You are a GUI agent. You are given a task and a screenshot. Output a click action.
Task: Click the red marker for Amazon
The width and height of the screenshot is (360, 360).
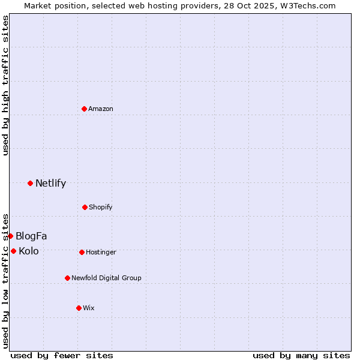85,109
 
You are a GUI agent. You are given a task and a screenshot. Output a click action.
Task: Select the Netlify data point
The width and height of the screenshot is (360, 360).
30,183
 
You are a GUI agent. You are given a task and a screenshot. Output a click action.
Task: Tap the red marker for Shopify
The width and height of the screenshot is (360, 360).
85,207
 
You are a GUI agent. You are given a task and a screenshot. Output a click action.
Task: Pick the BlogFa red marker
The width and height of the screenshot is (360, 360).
10,236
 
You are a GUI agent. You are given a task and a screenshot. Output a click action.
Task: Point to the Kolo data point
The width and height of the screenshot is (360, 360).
13,251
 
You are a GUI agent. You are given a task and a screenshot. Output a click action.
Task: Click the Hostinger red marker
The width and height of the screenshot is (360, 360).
82,252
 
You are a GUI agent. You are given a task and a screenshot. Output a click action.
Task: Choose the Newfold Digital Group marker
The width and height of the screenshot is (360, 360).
67,278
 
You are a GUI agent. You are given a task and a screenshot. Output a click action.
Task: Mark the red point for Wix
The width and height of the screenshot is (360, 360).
79,308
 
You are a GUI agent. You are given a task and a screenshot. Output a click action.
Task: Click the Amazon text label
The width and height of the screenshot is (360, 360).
101,109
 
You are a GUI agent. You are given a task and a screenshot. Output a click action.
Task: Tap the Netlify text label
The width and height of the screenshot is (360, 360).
50,183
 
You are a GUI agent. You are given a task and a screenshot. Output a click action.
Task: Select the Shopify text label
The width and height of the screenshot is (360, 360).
101,207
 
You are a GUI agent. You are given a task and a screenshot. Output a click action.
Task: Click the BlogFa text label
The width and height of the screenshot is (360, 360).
31,236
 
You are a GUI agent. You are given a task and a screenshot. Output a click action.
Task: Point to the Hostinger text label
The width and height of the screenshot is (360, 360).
101,252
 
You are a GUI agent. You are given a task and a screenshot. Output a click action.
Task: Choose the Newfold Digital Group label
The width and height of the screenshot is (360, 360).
106,278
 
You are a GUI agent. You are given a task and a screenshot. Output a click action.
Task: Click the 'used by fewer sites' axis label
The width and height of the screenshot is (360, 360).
62,355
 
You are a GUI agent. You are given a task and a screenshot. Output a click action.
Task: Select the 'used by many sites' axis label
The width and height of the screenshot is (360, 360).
301,355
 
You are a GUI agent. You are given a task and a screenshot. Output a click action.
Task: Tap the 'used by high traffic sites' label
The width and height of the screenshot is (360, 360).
5,85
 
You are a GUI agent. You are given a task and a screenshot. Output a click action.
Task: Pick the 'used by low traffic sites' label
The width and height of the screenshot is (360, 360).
5,280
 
